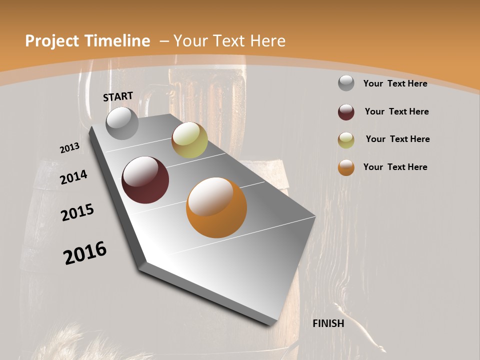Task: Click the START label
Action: click(118, 96)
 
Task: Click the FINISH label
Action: click(328, 323)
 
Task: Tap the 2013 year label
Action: click(69, 148)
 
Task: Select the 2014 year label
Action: click(73, 177)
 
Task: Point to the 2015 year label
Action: click(77, 212)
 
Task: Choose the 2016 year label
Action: click(85, 253)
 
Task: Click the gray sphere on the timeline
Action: click(122, 123)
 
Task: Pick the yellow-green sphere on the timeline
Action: click(189, 140)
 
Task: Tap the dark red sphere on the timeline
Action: click(145, 180)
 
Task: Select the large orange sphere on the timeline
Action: click(216, 207)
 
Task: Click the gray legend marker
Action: click(346, 83)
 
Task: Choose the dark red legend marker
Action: click(346, 112)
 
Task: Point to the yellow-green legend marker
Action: click(346, 140)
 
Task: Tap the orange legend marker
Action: click(346, 167)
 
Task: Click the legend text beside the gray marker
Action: click(395, 83)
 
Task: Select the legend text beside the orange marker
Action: click(395, 167)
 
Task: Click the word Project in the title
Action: click(52, 41)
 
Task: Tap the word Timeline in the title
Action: click(117, 41)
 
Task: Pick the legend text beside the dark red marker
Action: click(396, 111)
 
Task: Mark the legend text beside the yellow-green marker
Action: click(397, 139)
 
